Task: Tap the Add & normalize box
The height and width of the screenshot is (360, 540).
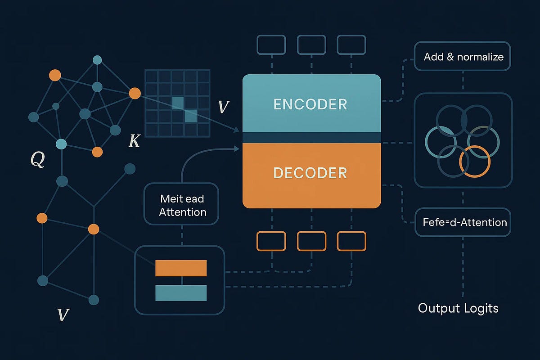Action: point(463,57)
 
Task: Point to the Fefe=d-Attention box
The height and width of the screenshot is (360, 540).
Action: point(463,222)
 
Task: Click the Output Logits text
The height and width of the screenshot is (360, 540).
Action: point(458,308)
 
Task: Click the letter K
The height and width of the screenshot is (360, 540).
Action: point(134,141)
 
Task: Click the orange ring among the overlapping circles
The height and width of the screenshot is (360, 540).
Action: point(475,161)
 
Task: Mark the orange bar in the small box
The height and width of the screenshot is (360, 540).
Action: point(181,268)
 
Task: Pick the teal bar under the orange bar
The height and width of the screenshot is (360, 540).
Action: point(181,293)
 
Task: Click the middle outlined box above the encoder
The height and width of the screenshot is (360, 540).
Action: point(311,45)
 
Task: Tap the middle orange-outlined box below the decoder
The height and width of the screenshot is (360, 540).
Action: point(311,241)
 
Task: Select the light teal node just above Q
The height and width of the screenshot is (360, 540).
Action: point(61,144)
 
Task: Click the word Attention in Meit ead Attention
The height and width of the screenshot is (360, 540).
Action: point(183,212)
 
